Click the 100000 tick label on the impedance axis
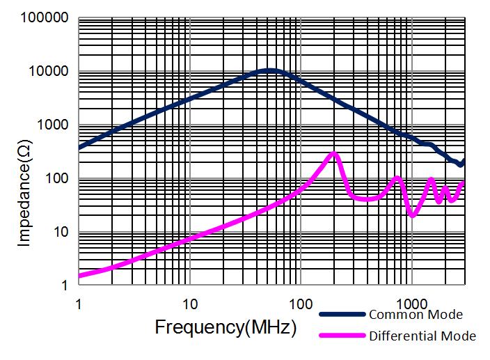[x=45, y=17]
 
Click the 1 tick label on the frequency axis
[x=79, y=304]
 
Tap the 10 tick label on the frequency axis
[x=189, y=304]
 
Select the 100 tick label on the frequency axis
[x=300, y=304]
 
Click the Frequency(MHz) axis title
[x=226, y=327]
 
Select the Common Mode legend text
[x=416, y=315]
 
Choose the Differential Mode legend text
[x=422, y=336]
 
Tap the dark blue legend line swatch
[x=342, y=315]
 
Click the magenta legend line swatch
[x=342, y=336]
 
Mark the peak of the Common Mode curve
[x=269, y=70]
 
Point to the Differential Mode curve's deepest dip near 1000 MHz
[x=413, y=215]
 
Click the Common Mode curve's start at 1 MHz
[x=79, y=148]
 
